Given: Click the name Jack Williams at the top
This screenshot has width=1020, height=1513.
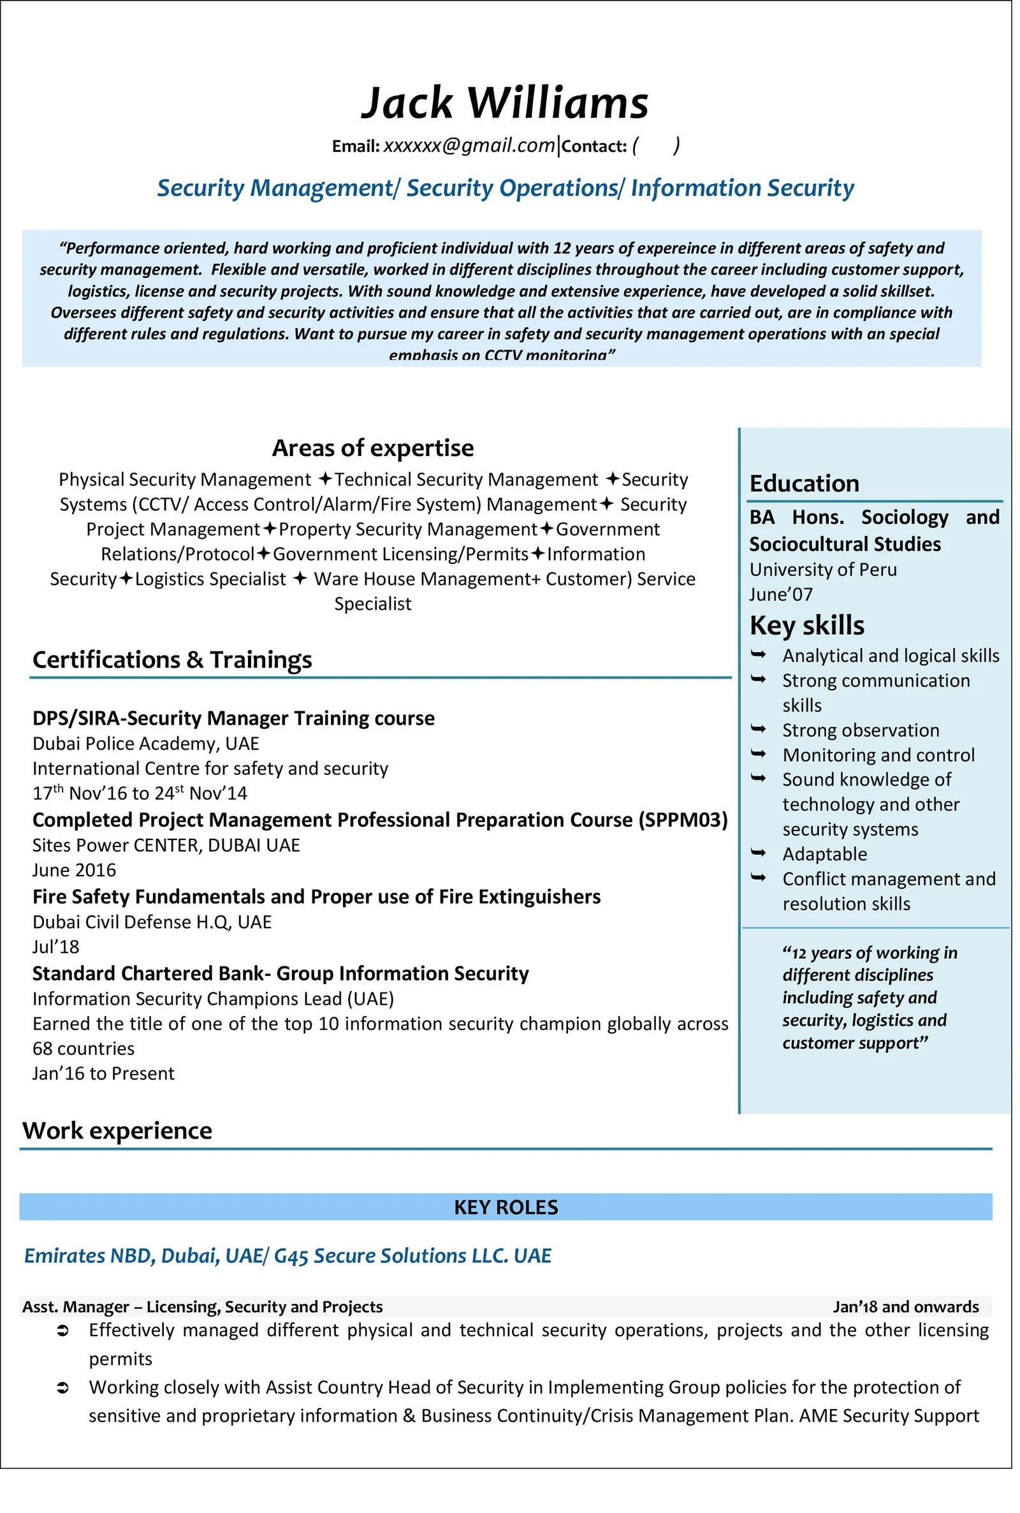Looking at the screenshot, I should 505,103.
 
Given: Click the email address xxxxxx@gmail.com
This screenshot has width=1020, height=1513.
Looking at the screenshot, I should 469,145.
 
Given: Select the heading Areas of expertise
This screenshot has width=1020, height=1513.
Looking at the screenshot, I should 373,448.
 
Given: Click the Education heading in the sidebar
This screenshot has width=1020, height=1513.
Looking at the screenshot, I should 804,483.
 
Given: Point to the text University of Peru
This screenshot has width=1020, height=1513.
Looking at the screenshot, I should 823,570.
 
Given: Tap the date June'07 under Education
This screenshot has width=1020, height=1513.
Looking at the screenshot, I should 780,594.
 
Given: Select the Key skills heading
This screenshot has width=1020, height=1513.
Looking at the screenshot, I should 806,625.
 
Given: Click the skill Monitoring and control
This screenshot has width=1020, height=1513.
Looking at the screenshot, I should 878,755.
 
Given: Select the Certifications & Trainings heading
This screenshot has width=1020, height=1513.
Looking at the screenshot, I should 172,660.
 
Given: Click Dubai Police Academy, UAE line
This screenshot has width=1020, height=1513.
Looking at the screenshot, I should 146,743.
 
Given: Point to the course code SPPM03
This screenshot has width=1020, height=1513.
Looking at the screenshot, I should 682,820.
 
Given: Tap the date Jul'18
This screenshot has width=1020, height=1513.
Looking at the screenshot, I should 56,947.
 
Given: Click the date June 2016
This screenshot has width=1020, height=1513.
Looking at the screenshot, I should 74,870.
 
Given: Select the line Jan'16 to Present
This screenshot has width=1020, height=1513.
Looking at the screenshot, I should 103,1073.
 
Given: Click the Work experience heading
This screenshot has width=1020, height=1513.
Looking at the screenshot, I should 117,1130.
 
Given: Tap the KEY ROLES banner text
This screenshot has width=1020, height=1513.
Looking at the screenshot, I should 506,1207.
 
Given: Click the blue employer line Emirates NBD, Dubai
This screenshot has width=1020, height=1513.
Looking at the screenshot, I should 288,1255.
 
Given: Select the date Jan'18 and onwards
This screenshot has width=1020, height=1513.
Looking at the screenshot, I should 905,1307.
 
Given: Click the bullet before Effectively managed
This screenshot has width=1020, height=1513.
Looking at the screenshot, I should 63,1331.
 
